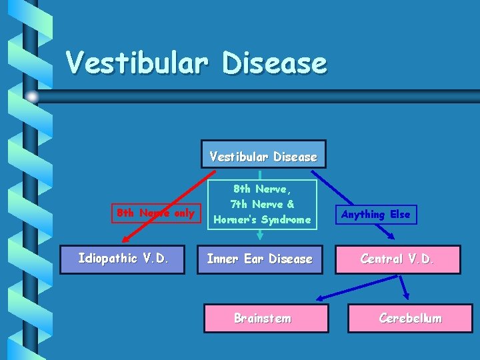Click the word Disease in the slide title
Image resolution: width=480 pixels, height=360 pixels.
tap(275, 64)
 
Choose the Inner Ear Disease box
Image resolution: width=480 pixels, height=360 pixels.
tap(259, 259)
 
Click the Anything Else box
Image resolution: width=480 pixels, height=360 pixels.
tap(376, 215)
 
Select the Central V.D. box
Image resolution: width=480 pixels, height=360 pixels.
tap(397, 259)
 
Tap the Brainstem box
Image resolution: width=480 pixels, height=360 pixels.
tap(265, 318)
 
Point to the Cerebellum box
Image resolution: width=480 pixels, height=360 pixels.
tap(410, 318)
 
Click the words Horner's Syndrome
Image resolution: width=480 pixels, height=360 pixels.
tap(262, 219)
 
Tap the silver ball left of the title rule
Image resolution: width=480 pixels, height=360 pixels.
tap(31, 97)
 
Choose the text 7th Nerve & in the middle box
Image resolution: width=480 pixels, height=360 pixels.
tap(262, 204)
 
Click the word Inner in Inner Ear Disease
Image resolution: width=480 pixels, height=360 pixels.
tap(222, 259)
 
